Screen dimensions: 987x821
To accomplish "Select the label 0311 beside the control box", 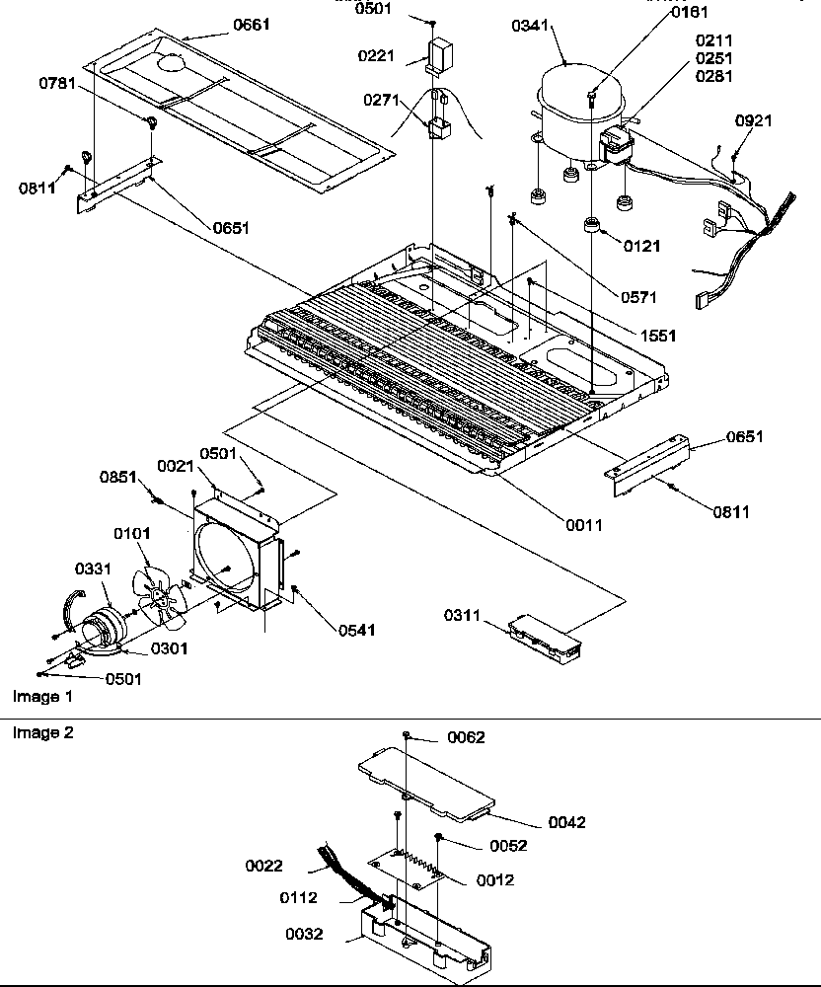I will tap(461, 616).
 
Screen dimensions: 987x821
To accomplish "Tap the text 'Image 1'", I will tap(41, 696).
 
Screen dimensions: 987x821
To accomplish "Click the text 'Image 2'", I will tap(41, 732).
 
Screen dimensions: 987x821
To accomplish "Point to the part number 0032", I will tap(305, 933).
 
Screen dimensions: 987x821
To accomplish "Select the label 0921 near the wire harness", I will tap(754, 120).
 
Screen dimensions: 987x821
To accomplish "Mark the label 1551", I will tap(657, 337).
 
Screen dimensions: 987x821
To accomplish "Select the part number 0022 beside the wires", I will tap(264, 866).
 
